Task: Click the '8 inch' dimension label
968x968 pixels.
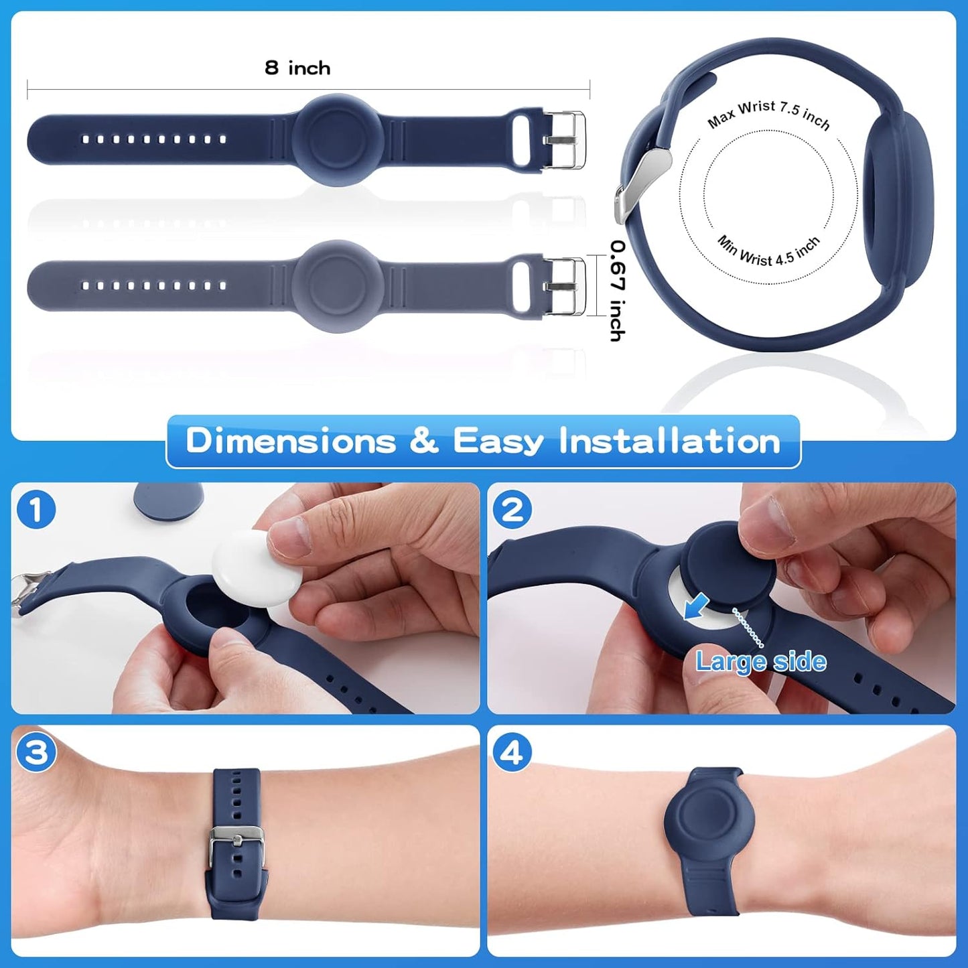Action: tap(297, 68)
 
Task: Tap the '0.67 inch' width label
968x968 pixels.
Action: tap(617, 291)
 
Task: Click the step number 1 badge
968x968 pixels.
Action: tap(36, 510)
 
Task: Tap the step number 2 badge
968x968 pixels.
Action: tap(512, 510)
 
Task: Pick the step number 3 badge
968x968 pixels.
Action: tap(36, 753)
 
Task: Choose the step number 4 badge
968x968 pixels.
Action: tap(512, 753)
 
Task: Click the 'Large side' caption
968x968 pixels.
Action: tap(760, 662)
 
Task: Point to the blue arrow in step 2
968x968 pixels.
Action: tap(697, 606)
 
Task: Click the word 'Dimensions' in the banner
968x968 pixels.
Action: tap(291, 441)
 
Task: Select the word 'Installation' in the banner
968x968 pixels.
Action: tap(670, 441)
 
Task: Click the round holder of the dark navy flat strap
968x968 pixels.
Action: tap(339, 139)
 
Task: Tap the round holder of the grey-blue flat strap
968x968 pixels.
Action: tap(339, 286)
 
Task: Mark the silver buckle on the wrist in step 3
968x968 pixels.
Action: tap(237, 844)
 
